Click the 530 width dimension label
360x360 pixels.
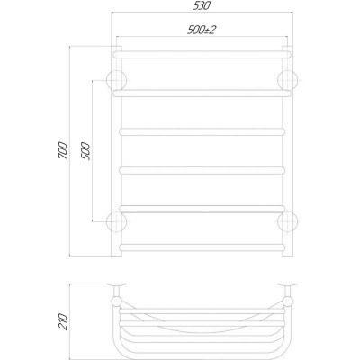click(202, 5)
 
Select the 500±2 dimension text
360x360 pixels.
click(202, 30)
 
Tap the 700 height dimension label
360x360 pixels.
click(64, 149)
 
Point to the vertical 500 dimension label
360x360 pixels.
click(85, 151)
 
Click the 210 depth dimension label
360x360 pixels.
click(64, 322)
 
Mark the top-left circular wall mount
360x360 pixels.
click(116, 81)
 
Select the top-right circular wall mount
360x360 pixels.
click(288, 81)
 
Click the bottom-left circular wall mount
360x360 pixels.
click(116, 222)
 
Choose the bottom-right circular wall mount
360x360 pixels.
click(288, 222)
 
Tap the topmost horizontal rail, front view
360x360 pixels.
click(202, 55)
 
